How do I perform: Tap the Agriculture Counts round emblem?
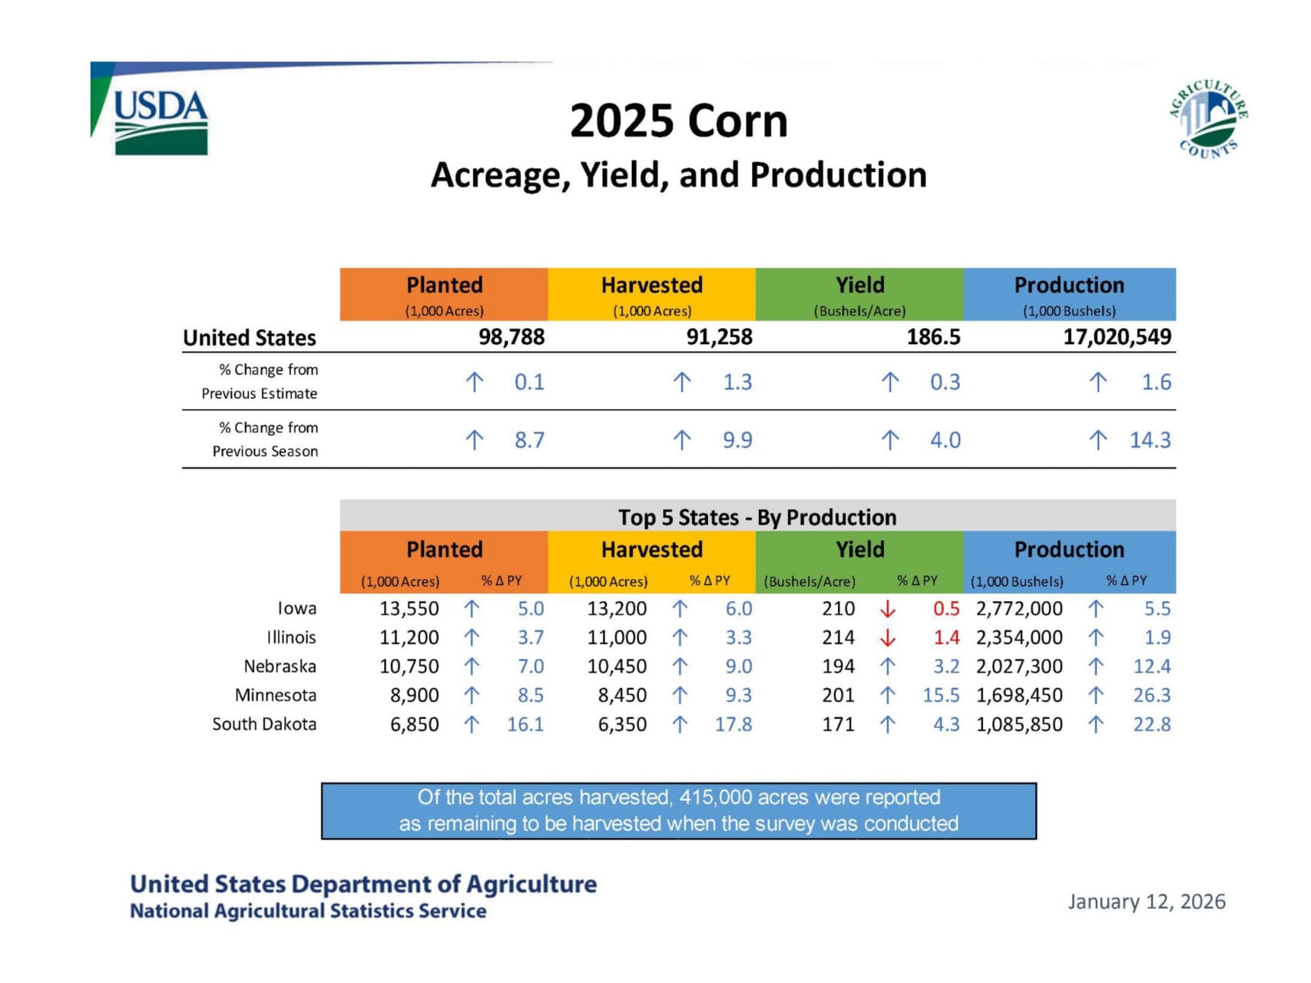1208,119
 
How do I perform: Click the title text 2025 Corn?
679,121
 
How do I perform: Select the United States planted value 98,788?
511,337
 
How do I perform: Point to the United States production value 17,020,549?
1117,337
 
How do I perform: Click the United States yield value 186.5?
933,337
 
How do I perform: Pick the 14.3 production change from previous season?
1150,440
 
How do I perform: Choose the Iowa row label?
296,608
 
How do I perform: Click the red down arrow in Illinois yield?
888,637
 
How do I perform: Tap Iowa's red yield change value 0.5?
946,609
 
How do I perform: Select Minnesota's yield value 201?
838,695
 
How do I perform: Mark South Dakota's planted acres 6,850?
415,724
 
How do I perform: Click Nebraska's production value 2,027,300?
1019,667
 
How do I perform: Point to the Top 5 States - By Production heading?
757,517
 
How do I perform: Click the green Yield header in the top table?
859,286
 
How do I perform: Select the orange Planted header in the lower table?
444,550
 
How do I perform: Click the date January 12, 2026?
1146,902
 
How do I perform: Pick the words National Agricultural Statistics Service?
308,912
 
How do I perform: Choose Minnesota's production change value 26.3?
1151,695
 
